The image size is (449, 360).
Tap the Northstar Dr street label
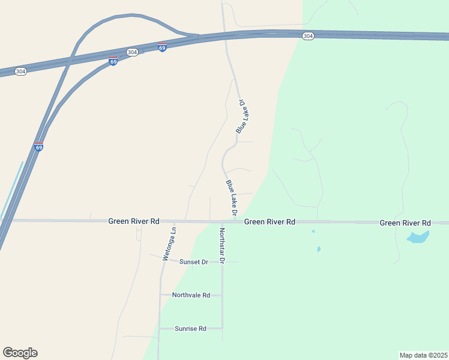pyautogui.click(x=221, y=246)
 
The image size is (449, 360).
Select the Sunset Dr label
pyautogui.click(x=193, y=262)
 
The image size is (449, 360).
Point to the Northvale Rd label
pyautogui.click(x=191, y=295)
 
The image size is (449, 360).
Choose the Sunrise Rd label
pyautogui.click(x=190, y=329)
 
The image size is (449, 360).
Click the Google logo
pyautogui.click(x=20, y=353)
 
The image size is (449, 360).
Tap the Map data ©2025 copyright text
pyautogui.click(x=423, y=355)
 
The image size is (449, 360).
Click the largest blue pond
pyautogui.click(x=418, y=237)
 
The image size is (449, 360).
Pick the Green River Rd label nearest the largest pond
pyautogui.click(x=405, y=223)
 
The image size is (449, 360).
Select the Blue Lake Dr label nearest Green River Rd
pyautogui.click(x=232, y=197)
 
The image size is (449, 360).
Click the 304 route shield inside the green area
pyautogui.click(x=308, y=37)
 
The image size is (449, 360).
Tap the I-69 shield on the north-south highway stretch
pyautogui.click(x=38, y=146)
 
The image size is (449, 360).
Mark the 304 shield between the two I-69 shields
pyautogui.click(x=133, y=52)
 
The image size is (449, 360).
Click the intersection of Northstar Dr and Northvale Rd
pyautogui.click(x=222, y=295)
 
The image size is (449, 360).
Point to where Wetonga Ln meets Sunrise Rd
pyautogui.click(x=159, y=328)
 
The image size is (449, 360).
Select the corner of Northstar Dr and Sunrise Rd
pyautogui.click(x=222, y=328)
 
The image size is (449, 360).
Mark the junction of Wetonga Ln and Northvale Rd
pyautogui.click(x=160, y=295)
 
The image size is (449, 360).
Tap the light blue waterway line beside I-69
pyautogui.click(x=12, y=189)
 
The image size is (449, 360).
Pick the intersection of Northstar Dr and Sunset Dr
pyautogui.click(x=222, y=262)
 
